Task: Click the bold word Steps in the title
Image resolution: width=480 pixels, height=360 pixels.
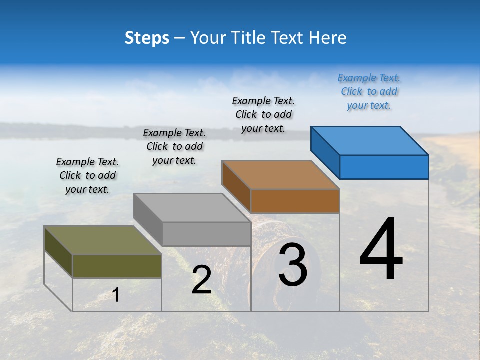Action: (147, 38)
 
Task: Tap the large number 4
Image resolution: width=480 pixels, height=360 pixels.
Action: (381, 249)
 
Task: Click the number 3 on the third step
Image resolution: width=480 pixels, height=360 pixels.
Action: (293, 265)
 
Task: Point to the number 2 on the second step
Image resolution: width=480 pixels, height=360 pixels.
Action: (202, 280)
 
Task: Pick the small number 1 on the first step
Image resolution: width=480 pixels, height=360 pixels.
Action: (116, 295)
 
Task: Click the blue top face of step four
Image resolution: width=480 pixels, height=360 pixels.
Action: (370, 140)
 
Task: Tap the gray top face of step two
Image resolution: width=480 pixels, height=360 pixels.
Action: (192, 208)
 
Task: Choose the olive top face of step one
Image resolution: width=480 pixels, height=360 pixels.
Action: (103, 240)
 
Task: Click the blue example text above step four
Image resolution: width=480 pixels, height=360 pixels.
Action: (369, 92)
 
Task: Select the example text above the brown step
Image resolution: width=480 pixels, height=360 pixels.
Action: (263, 114)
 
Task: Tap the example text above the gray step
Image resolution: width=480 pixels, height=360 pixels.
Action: (174, 146)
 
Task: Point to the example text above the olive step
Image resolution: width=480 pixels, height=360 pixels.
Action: (87, 175)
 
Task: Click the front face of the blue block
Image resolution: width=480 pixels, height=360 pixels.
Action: (384, 167)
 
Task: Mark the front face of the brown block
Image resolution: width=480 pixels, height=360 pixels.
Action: (295, 201)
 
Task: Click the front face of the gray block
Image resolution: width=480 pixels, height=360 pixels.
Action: (206, 234)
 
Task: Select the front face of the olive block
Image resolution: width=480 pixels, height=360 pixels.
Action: (117, 266)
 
